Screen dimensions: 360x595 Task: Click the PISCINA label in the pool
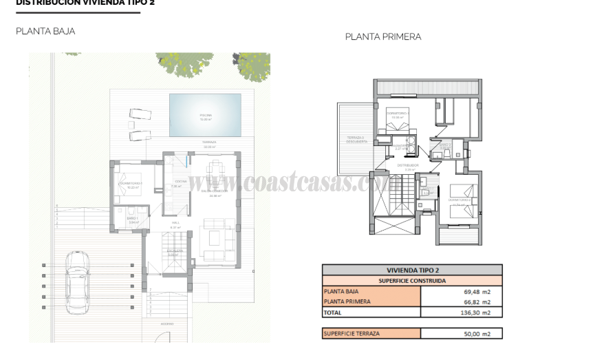206,115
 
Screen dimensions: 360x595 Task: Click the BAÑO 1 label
132,219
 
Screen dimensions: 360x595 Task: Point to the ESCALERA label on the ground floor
174,252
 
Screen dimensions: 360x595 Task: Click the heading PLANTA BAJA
45,31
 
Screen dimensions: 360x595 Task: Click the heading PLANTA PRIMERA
383,37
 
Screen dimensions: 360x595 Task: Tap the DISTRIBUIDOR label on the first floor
408,165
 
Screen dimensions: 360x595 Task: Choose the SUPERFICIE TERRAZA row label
351,334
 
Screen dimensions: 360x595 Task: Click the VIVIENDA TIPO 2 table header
412,271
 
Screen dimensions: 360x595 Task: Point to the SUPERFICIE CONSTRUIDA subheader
412,281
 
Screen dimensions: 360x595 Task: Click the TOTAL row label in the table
333,313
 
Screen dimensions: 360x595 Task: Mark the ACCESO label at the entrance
168,324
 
